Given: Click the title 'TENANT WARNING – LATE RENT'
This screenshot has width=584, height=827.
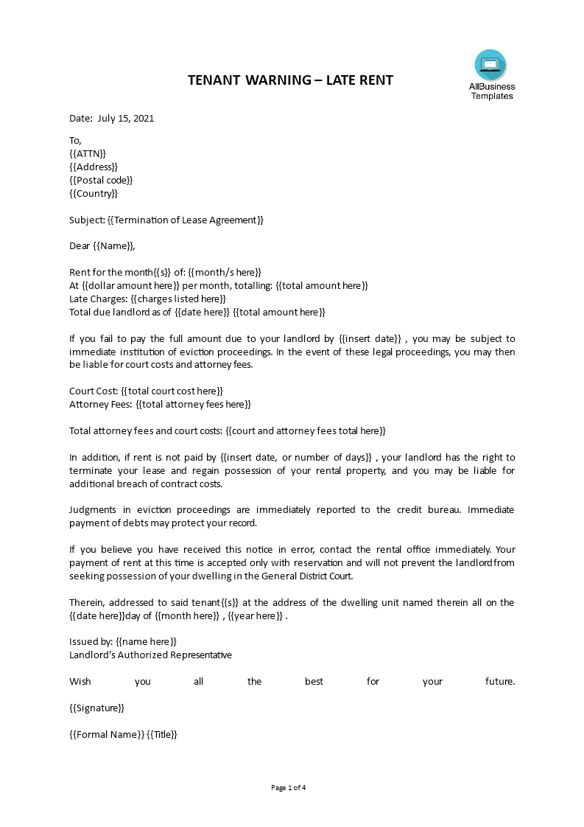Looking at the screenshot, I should (290, 80).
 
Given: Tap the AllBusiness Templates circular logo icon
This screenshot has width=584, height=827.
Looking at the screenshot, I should (490, 66).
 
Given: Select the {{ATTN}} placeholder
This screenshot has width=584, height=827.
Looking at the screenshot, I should (88, 153).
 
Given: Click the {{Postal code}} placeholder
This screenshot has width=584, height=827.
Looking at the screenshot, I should (101, 180).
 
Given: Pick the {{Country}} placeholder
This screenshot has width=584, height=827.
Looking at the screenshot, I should (94, 193).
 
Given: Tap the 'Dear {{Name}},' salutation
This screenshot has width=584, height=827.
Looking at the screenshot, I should (102, 245).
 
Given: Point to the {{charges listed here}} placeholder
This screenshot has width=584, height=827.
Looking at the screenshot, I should (178, 299).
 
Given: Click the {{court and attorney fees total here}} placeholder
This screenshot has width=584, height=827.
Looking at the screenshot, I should (305, 430).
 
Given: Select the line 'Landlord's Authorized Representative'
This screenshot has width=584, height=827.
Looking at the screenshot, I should (150, 655).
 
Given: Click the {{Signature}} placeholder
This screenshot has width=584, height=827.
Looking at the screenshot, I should (96, 708).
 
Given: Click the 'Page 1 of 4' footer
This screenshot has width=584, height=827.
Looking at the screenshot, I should (289, 787).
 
